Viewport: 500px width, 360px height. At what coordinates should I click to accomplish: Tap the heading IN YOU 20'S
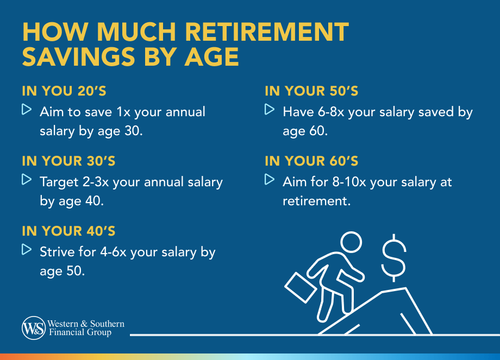(68, 91)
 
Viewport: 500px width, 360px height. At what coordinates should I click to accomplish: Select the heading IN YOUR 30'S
(68, 161)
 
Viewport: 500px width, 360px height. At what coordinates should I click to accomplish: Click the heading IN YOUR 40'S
(68, 231)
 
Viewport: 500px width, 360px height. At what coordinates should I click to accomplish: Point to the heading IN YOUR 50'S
(311, 91)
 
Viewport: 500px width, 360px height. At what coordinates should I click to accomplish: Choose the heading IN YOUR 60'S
(311, 161)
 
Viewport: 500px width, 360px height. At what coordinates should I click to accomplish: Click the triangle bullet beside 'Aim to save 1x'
(27, 110)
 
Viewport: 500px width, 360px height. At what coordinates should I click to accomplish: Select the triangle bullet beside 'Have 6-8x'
(270, 110)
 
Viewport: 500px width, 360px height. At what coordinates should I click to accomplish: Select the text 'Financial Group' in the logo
(80, 332)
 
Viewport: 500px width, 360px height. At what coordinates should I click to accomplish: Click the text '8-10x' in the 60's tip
(348, 182)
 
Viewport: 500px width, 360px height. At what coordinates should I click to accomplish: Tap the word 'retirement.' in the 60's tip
(316, 200)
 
